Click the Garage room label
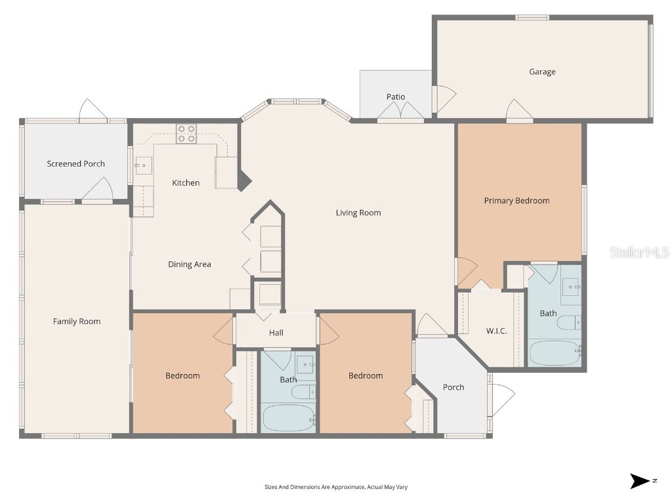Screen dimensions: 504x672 pyautogui.click(x=542, y=72)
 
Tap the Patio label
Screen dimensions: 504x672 pyautogui.click(x=396, y=96)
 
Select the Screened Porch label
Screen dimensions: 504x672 pyautogui.click(x=75, y=163)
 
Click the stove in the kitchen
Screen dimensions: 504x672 pyautogui.click(x=186, y=134)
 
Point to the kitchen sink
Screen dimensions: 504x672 pyautogui.click(x=142, y=166)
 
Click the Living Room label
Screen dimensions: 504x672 pyautogui.click(x=358, y=213)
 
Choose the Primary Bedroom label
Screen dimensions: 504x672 pyautogui.click(x=516, y=200)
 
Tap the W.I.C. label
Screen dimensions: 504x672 pyautogui.click(x=496, y=331)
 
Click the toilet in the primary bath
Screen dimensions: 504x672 pyautogui.click(x=569, y=322)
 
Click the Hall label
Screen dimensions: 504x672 pyautogui.click(x=276, y=333)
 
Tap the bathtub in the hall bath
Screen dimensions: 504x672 pyautogui.click(x=289, y=418)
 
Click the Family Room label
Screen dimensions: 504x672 pyautogui.click(x=77, y=321)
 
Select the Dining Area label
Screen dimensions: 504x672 pyautogui.click(x=189, y=264)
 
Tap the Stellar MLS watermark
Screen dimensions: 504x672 pyautogui.click(x=639, y=252)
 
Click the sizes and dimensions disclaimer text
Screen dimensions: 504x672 pyautogui.click(x=335, y=487)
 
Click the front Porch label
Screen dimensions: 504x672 pyautogui.click(x=453, y=387)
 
